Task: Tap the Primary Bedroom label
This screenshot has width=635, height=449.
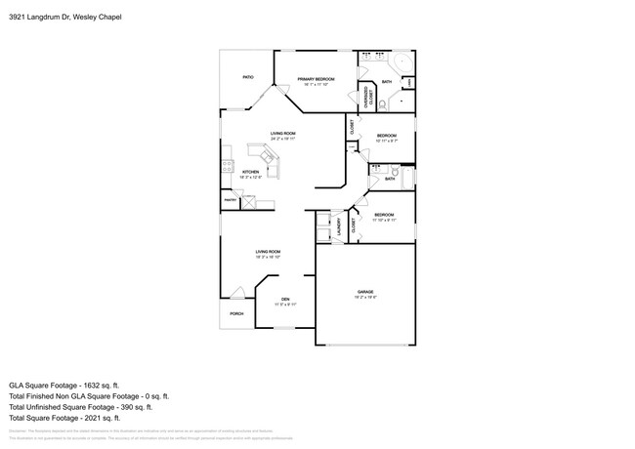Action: click(316, 81)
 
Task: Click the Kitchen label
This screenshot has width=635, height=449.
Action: click(250, 174)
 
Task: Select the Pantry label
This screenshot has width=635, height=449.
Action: click(231, 199)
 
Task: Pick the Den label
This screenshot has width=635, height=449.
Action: click(285, 301)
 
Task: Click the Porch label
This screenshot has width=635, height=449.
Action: click(236, 313)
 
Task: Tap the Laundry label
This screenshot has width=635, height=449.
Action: click(338, 225)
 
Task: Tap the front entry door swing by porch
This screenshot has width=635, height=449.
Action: click(237, 292)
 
